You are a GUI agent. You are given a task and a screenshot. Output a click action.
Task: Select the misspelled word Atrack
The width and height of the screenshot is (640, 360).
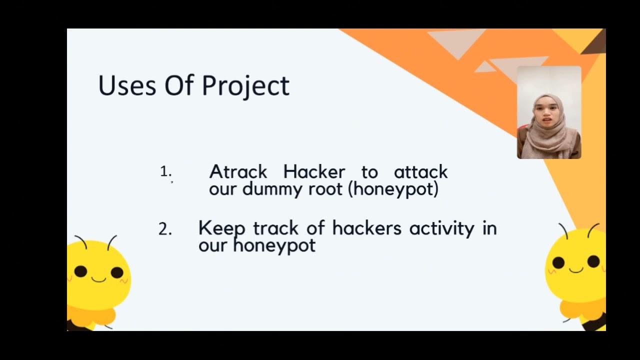click(x=238, y=172)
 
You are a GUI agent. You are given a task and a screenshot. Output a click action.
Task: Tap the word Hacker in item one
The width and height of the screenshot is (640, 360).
click(x=314, y=172)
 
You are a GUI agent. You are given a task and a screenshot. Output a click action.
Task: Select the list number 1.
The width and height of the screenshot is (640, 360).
click(x=165, y=172)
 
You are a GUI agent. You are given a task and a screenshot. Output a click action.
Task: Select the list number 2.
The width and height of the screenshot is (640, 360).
click(x=164, y=229)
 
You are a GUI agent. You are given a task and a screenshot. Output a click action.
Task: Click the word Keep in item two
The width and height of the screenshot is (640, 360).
click(x=221, y=228)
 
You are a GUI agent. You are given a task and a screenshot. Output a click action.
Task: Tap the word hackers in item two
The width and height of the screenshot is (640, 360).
click(x=366, y=228)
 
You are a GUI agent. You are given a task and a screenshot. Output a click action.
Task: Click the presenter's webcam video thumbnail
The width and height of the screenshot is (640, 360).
click(x=548, y=112)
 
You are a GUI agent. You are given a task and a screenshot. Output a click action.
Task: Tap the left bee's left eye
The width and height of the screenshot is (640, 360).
click(x=80, y=271)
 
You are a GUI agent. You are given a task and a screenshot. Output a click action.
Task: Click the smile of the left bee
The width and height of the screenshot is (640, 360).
click(x=98, y=279)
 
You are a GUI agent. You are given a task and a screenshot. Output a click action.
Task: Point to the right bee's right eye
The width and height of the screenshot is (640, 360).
click(x=593, y=261)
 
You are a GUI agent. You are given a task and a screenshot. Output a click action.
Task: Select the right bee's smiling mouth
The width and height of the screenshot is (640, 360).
click(x=576, y=270)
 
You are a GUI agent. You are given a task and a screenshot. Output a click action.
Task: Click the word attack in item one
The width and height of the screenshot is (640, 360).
click(x=420, y=172)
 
